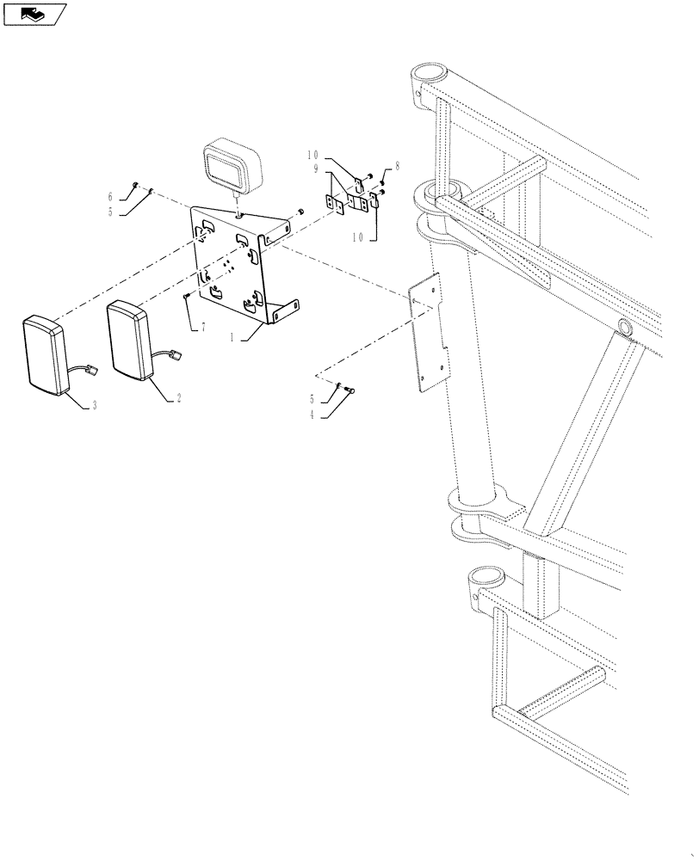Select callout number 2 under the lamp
(x=178, y=399)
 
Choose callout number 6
(x=110, y=195)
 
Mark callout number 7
(x=204, y=329)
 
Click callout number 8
(x=398, y=164)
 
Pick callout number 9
(x=317, y=169)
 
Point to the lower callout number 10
(x=360, y=234)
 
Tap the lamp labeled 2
(x=129, y=340)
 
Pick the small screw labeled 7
(x=187, y=296)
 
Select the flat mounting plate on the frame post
(x=430, y=335)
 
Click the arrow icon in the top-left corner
(x=34, y=13)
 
